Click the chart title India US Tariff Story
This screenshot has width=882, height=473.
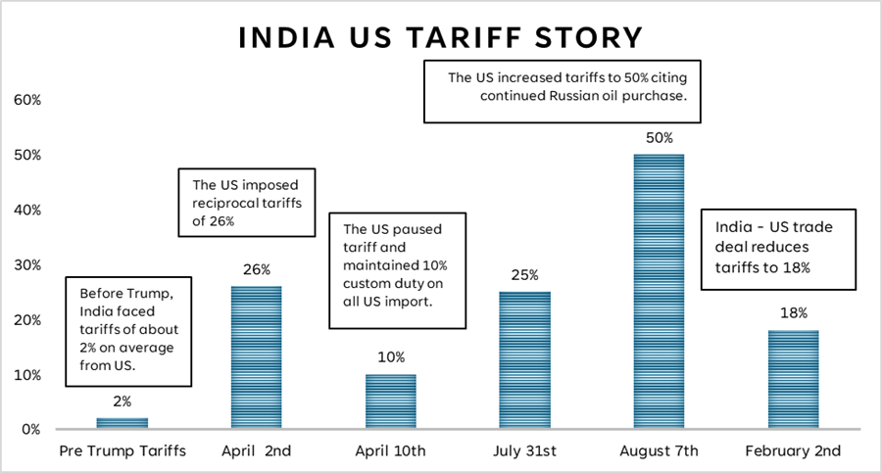[440, 38]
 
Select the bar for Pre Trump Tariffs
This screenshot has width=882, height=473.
[122, 423]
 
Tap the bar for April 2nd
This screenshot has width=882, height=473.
[256, 357]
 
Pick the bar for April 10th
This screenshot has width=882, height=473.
[390, 402]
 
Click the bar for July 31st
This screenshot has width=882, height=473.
[524, 360]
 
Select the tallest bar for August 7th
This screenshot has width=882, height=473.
[659, 292]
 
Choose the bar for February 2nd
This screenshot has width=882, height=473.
[793, 380]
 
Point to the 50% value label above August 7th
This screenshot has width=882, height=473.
[659, 138]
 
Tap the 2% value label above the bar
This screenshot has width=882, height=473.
[122, 402]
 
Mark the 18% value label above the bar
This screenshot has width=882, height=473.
[793, 313]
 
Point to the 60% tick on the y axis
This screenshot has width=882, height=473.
[26, 100]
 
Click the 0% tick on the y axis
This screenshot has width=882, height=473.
[29, 429]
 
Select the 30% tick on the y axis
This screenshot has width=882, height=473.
[26, 264]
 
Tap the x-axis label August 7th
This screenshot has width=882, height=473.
[659, 451]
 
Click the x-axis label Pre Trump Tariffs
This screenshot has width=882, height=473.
[122, 451]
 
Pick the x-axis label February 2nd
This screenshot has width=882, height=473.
[793, 451]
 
